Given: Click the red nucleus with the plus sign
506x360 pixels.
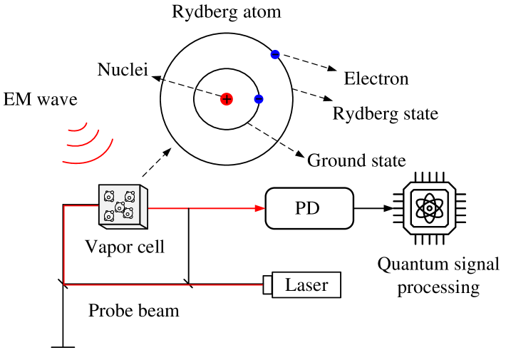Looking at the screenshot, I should coord(227,99).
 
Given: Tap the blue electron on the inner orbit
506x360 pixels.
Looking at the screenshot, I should coord(259,99).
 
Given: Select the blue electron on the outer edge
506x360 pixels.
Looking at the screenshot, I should coord(276,55).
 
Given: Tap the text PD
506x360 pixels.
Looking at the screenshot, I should coord(307,209).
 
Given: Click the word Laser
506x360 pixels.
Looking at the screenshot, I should coord(306,286).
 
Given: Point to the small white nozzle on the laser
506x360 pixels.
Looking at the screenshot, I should coord(267,284).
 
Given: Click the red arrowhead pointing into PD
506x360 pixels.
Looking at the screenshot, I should coord(260,208).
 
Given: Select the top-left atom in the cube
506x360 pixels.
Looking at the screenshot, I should coord(109,195).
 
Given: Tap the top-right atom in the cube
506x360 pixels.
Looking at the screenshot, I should coord(130,196).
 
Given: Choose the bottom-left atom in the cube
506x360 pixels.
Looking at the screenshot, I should coord(109,215).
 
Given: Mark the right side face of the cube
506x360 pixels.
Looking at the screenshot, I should coord(144,207).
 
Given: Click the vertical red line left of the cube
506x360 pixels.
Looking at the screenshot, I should coord(64,246).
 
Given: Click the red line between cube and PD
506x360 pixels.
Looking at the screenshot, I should coord(200,208).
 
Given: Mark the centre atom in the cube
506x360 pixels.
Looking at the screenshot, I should coord(120,206).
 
